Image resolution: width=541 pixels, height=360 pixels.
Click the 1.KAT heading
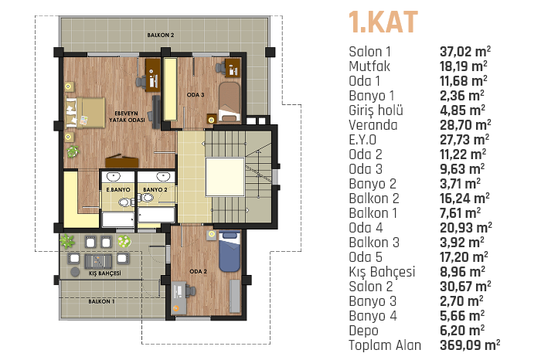point(383,22)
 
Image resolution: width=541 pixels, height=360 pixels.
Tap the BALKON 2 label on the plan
point(161,36)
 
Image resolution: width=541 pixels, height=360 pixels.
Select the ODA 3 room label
point(196,95)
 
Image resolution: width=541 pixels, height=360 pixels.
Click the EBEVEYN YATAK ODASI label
point(127,117)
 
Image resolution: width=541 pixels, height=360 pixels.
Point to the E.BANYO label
point(118,189)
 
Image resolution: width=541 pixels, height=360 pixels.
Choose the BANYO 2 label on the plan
point(155,189)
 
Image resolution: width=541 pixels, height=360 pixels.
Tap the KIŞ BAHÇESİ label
point(105,273)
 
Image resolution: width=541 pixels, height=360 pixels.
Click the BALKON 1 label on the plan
point(101,301)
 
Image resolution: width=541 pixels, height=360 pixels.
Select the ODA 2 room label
point(199,272)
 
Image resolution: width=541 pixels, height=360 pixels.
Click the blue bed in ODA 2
point(230,251)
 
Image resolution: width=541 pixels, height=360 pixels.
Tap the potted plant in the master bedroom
point(73,151)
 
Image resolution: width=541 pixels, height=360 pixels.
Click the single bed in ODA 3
point(229,102)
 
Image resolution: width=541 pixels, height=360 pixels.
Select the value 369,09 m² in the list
point(470,345)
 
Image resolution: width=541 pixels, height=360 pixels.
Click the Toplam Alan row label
point(385,345)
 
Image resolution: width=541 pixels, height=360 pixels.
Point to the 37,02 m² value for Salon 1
point(465,52)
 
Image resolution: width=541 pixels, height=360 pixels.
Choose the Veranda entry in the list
point(373,125)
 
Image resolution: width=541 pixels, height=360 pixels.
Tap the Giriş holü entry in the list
point(376,110)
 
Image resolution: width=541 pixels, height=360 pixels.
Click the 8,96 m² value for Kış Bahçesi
point(462,272)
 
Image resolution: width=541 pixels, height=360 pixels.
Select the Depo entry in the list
point(363,331)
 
